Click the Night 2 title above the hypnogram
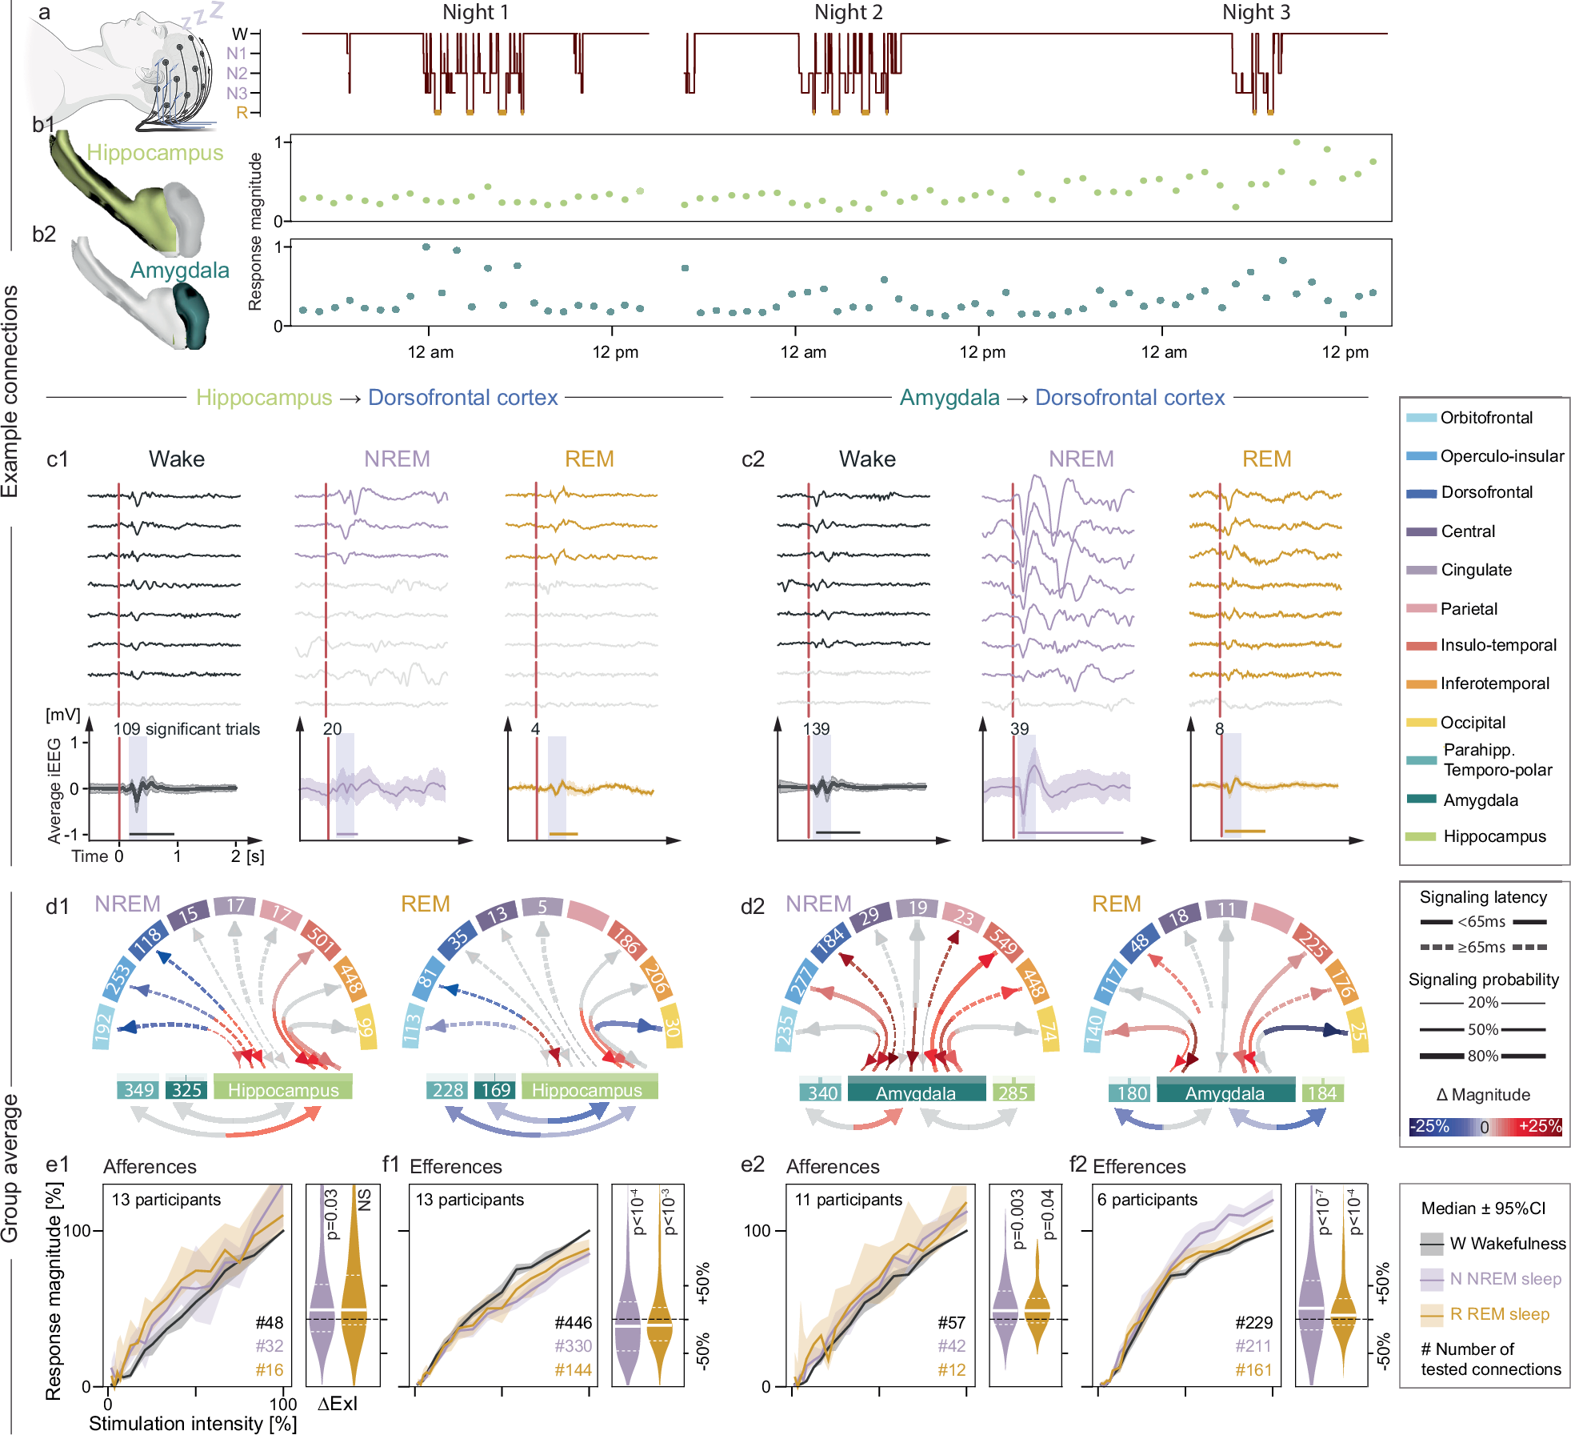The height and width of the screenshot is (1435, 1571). coord(848,12)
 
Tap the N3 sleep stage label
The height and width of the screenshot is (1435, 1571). coord(237,94)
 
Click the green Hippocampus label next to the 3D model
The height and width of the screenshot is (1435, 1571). coord(154,153)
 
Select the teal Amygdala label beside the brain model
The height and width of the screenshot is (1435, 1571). coord(179,271)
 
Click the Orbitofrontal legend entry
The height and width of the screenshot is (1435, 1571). coord(1485,418)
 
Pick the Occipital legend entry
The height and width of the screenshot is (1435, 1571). coord(1472,723)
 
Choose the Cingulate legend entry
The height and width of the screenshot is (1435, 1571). coord(1476,570)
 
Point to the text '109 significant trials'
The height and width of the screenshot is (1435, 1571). coord(186,729)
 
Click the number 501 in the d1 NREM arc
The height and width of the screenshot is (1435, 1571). coord(320,939)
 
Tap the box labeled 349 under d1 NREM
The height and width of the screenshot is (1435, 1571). coord(138,1090)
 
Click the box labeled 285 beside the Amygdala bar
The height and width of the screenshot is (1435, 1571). coord(1012,1092)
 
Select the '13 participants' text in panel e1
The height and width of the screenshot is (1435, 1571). coord(166,1200)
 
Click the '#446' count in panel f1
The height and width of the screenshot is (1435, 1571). coord(573,1323)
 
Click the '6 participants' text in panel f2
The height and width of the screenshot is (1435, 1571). coord(1146,1200)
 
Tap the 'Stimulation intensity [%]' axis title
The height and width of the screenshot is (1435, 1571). coord(192,1424)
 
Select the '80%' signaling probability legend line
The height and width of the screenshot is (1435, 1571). coord(1482,1056)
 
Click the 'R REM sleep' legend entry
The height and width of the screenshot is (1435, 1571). coord(1498,1314)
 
